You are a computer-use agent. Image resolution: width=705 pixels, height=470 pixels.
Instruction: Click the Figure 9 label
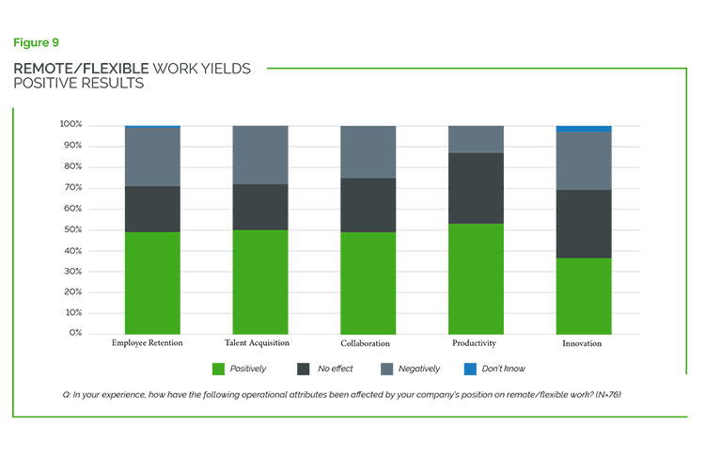[x=37, y=42]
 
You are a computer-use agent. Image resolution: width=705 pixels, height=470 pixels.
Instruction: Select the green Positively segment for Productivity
[x=477, y=278]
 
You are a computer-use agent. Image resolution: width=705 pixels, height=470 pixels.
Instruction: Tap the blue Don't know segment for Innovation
[x=584, y=128]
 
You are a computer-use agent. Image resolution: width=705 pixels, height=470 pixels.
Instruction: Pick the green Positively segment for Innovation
[x=584, y=295]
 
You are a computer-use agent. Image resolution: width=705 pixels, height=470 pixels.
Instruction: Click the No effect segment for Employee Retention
[x=153, y=209]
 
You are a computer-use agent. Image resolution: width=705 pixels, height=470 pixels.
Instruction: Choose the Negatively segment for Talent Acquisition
[x=260, y=155]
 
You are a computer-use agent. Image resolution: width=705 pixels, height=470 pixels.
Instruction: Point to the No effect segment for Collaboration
[x=368, y=205]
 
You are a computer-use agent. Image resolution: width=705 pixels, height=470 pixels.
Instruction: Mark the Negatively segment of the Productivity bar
[x=477, y=139]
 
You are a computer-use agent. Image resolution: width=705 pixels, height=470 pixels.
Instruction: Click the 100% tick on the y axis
[x=71, y=124]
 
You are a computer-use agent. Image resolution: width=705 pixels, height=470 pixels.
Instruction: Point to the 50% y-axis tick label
[x=73, y=229]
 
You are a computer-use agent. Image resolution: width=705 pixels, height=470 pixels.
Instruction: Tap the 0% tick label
[x=75, y=333]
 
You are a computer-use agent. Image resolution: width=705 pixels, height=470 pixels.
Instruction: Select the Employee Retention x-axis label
[x=148, y=343]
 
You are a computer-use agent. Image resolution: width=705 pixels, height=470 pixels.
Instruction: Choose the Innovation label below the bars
[x=583, y=344]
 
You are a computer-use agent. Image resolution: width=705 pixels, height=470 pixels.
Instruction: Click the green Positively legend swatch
[x=220, y=368]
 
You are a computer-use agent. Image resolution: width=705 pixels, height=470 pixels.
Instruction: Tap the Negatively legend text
[x=419, y=368]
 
